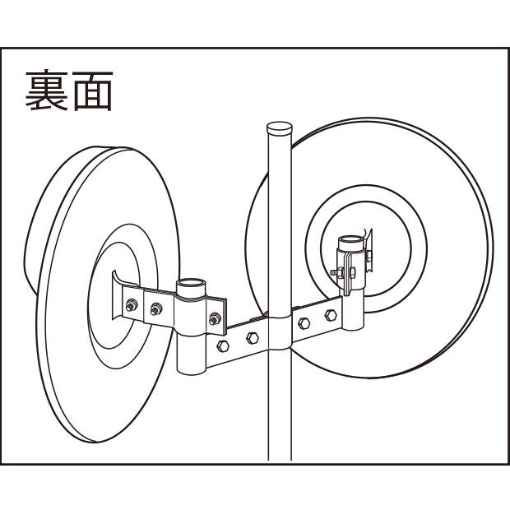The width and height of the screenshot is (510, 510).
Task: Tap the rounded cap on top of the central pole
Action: point(280,129)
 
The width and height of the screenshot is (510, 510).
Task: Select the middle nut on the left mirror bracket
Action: point(155,309)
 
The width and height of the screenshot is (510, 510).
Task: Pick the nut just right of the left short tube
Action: point(216,318)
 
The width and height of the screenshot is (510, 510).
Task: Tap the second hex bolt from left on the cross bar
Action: point(253,336)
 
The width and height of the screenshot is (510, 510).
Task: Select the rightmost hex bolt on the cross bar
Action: point(331,315)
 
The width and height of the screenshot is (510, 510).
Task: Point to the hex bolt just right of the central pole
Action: point(305,322)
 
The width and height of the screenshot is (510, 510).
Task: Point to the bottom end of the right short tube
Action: point(354,327)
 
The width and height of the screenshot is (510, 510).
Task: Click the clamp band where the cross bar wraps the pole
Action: point(280,333)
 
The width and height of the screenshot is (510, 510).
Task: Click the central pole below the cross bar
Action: point(280,411)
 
